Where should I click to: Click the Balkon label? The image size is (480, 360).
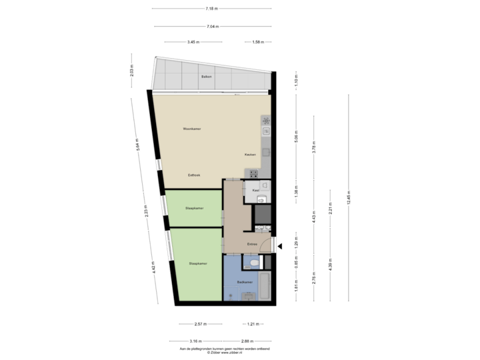(x=206, y=79)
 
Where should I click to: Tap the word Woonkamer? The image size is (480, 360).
(x=192, y=129)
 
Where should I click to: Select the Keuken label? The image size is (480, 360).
(x=251, y=154)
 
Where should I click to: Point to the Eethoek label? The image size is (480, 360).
(x=194, y=175)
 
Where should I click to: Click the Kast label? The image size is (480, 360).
(x=255, y=191)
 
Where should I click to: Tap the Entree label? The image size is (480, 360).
(x=253, y=244)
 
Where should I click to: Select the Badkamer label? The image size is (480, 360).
(x=244, y=282)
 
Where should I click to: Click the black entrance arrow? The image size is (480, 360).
(x=281, y=246)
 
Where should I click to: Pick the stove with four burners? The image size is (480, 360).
(x=254, y=173)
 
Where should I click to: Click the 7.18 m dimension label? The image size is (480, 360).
(x=211, y=9)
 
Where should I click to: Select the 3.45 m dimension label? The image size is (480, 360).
(x=192, y=42)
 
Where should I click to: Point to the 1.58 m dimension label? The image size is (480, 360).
(x=258, y=42)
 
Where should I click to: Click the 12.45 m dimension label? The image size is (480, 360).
(x=348, y=197)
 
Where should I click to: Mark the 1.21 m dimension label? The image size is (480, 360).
(x=251, y=324)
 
